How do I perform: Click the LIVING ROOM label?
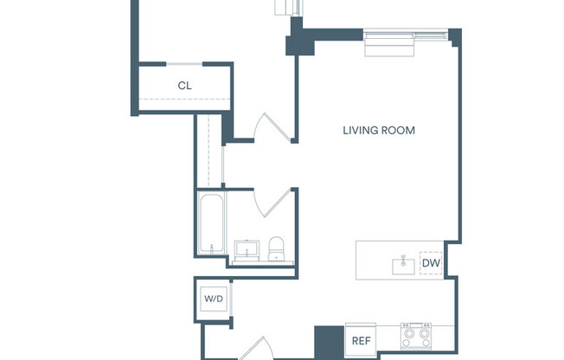pos(379,131)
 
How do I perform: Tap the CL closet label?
pos(184,86)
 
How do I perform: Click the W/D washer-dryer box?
pos(213,299)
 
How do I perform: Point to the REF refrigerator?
pos(362,340)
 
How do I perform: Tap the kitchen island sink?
pos(403,265)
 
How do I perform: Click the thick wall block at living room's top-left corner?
pos(299,38)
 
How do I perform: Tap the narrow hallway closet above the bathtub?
pos(208,151)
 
